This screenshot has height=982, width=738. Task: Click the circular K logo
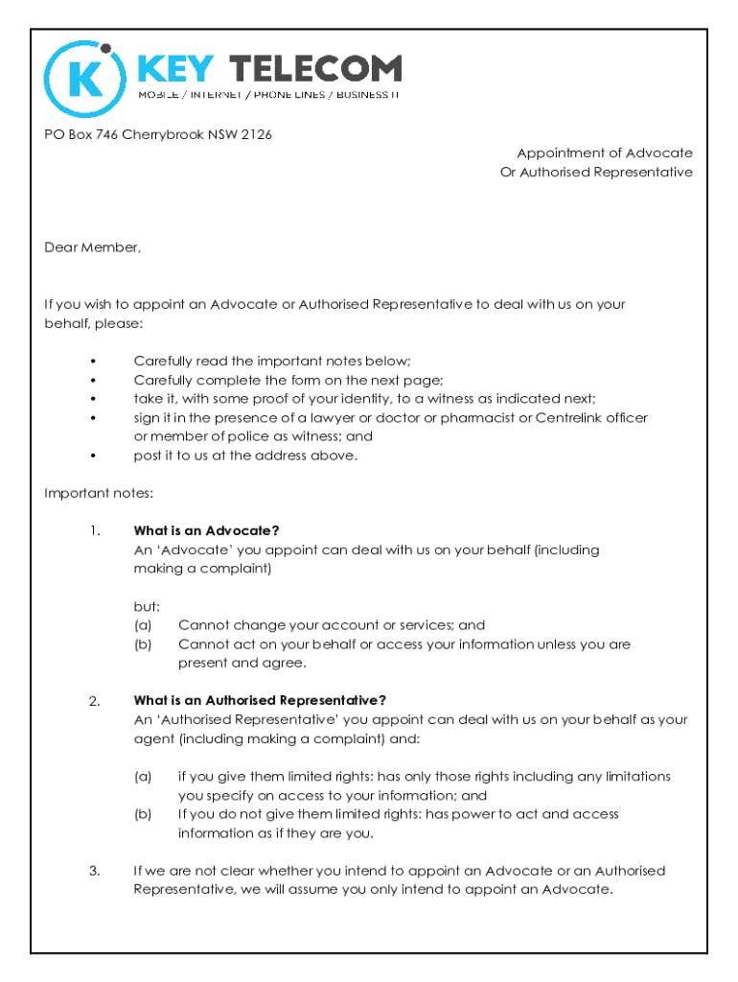point(85,80)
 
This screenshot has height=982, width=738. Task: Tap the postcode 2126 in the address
point(256,134)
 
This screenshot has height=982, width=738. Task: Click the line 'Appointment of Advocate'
point(605,153)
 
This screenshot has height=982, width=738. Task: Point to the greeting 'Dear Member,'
point(92,247)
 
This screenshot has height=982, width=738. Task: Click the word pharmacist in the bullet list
point(473,418)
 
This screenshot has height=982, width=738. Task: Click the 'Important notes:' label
point(99,493)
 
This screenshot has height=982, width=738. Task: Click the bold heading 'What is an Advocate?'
point(206,531)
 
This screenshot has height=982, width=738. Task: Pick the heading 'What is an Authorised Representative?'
point(260,701)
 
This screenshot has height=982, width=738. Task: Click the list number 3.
point(94,871)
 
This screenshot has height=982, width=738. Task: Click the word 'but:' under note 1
point(147,607)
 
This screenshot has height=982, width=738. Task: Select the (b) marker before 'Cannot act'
point(143,644)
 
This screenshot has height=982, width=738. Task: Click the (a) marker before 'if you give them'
point(143,777)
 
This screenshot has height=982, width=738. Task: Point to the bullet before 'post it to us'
point(93,456)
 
